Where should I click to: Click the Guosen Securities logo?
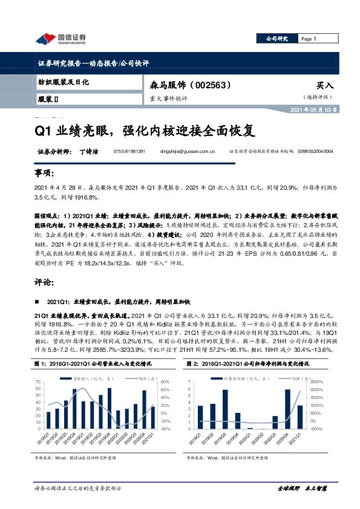pos(61,39)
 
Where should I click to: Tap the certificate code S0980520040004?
pos(327,152)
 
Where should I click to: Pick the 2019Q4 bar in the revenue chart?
pos(110,409)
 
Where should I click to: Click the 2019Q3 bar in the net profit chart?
pos(226,410)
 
